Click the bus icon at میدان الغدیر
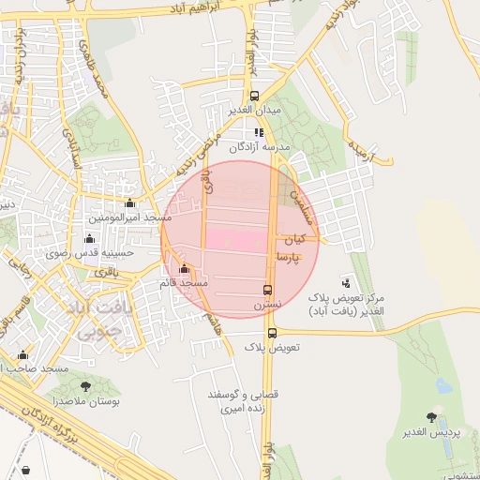(254, 96)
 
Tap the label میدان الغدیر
(254, 110)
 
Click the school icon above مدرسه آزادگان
(260, 133)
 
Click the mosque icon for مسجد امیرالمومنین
(129, 202)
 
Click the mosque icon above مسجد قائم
(183, 269)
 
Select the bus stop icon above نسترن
(268, 290)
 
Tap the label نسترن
(266, 305)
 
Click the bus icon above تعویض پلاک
(272, 333)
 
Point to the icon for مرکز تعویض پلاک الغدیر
(347, 281)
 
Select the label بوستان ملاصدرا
(83, 400)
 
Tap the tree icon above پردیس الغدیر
(431, 416)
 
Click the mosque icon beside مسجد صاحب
(24, 355)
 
